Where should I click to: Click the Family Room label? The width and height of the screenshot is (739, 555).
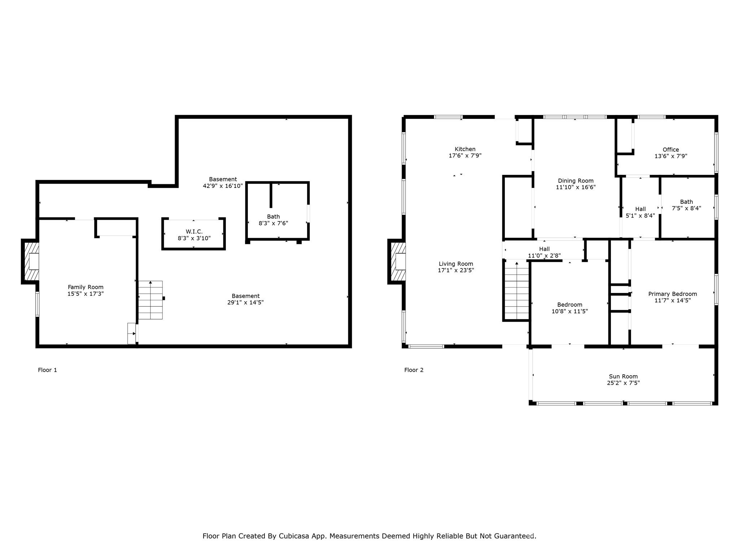[86, 287]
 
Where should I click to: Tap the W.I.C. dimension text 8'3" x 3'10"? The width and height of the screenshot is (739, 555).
[194, 238]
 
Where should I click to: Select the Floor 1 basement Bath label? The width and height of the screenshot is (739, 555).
[273, 217]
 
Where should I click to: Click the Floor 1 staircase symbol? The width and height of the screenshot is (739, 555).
[151, 300]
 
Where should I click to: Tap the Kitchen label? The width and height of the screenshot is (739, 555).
[465, 149]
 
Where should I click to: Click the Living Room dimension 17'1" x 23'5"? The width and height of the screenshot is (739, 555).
[456, 270]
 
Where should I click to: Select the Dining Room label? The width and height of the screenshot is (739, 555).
[576, 181]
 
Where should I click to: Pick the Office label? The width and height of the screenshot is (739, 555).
[670, 150]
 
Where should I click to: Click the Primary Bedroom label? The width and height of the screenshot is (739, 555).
[672, 294]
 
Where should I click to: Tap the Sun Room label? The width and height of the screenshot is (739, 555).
[623, 377]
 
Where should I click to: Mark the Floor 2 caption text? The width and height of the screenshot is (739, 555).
[414, 370]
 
